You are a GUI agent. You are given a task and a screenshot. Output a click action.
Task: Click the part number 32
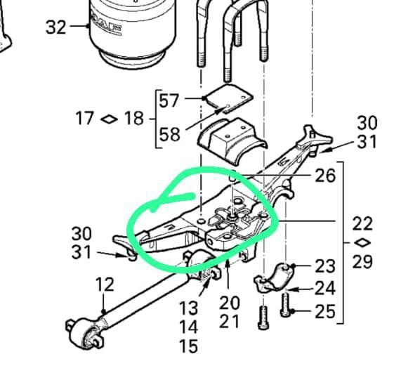pyautogui.click(x=55, y=27)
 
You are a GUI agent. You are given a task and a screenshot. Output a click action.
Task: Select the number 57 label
pyautogui.click(x=169, y=100)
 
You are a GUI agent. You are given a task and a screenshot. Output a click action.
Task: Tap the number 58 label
pyautogui.click(x=170, y=134)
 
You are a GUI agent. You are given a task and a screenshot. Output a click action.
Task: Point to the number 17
pyautogui.click(x=85, y=118)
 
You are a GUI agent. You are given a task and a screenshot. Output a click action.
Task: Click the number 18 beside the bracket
pyautogui.click(x=134, y=118)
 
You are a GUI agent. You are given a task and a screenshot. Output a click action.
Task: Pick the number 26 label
pyautogui.click(x=325, y=175)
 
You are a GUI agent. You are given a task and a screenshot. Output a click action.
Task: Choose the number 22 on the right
pyautogui.click(x=362, y=223)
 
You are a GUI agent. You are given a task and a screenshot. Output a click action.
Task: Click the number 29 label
pyautogui.click(x=362, y=262)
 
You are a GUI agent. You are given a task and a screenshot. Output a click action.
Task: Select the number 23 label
pyautogui.click(x=325, y=266)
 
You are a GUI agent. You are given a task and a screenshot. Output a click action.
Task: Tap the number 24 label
pyautogui.click(x=325, y=288)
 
